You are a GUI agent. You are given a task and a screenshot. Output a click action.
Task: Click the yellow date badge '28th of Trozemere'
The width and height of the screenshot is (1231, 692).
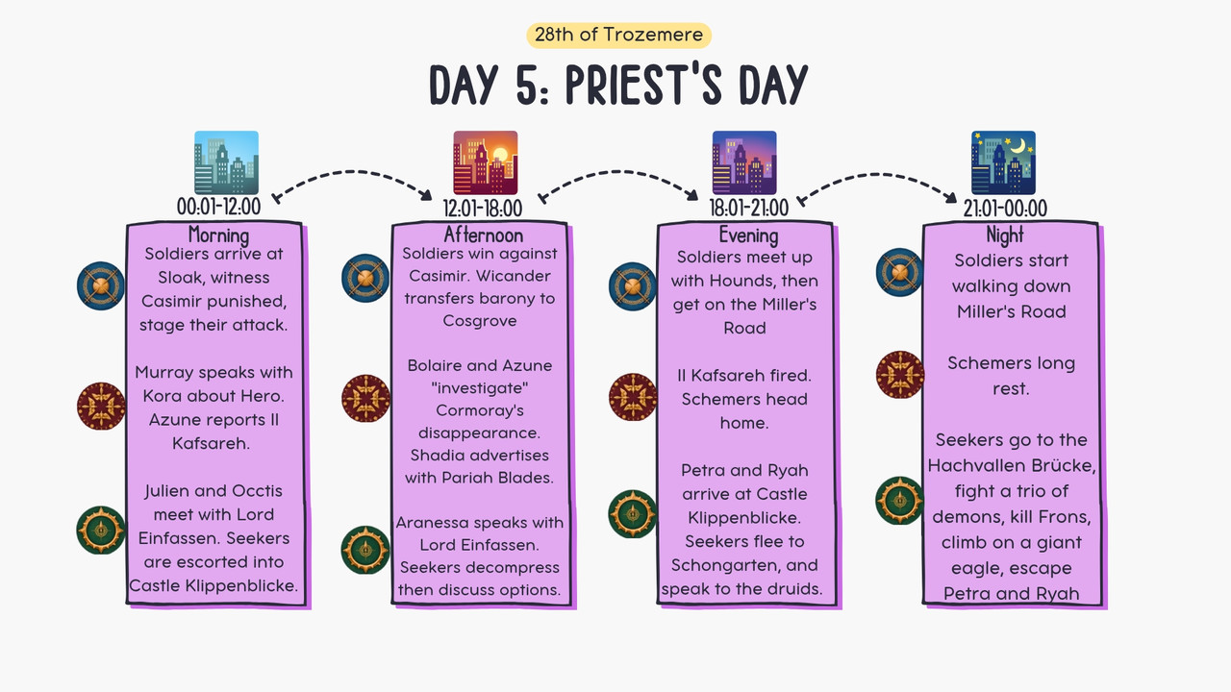click(618, 36)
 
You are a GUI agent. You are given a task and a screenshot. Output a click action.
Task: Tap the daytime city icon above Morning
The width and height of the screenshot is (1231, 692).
click(226, 162)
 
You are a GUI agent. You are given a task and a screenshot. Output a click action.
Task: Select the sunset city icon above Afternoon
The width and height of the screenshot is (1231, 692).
click(486, 162)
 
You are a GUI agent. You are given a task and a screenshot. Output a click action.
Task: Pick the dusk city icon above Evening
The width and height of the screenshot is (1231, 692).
click(744, 162)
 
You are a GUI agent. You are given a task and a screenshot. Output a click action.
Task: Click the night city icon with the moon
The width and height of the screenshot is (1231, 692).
click(1003, 162)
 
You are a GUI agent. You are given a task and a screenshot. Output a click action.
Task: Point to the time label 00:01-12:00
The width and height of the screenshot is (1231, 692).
click(218, 207)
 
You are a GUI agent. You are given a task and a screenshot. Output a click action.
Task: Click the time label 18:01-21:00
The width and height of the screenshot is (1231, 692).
click(748, 209)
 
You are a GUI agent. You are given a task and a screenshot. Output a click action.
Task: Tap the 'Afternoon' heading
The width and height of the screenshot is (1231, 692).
click(484, 235)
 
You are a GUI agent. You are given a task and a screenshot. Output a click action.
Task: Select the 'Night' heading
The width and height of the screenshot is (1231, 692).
click(1005, 235)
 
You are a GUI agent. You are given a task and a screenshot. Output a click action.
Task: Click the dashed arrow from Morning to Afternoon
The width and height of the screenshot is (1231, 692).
click(352, 173)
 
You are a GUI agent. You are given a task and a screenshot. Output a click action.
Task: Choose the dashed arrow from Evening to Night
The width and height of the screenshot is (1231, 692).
click(876, 176)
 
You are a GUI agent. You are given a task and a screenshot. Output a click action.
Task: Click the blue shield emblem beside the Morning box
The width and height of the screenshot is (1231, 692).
click(101, 286)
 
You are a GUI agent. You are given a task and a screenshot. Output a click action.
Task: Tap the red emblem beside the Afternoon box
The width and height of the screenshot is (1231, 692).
click(365, 398)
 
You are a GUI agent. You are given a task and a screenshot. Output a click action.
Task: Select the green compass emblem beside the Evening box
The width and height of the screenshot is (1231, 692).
click(633, 514)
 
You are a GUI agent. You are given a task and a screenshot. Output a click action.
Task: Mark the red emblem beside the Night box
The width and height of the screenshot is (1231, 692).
click(900, 375)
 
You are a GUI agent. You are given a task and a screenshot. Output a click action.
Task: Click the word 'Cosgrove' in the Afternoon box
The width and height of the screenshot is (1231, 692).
click(480, 321)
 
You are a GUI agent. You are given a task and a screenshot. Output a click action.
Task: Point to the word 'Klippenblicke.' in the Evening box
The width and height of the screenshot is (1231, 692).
click(744, 518)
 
